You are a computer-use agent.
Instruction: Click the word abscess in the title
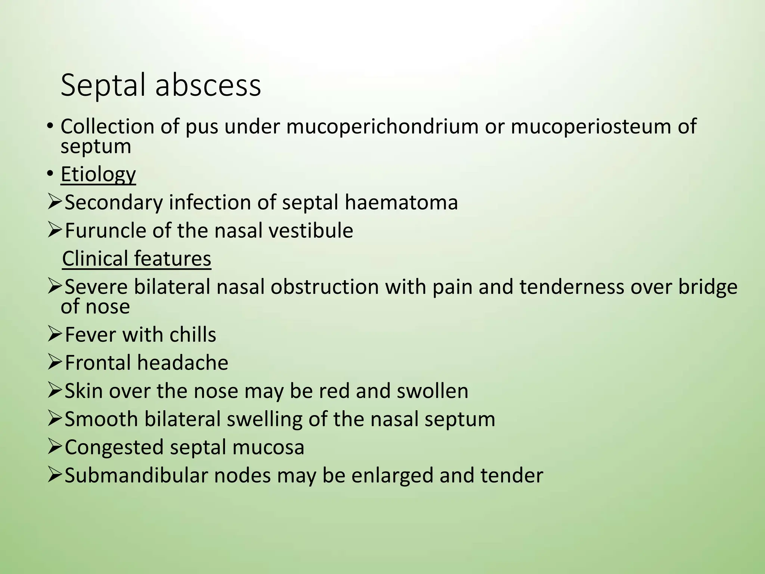coord(208,86)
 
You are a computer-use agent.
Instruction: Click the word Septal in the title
coord(103,86)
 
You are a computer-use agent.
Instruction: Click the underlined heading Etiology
coord(98,174)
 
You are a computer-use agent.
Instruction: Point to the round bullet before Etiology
coord(50,174)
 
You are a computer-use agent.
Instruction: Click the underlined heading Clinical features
coord(137,259)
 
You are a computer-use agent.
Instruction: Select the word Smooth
coord(101,419)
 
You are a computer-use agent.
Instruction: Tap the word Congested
coord(114,447)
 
